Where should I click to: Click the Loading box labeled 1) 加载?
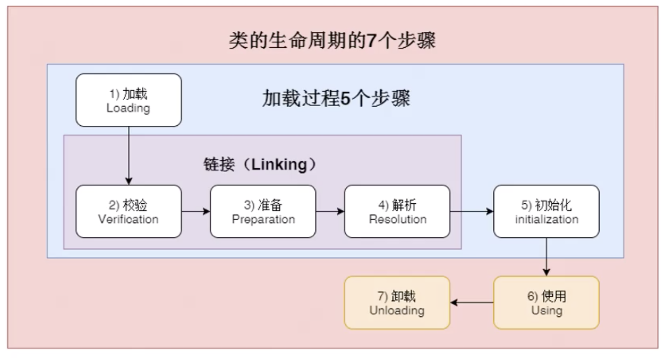click(128, 100)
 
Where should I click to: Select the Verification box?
click(128, 211)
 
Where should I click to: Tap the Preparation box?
click(263, 211)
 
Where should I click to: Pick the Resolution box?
click(397, 211)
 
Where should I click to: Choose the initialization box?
click(546, 211)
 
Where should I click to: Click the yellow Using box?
click(546, 303)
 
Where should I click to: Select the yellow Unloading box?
click(397, 303)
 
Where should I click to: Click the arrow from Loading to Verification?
click(128, 155)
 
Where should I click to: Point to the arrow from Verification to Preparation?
click(196, 211)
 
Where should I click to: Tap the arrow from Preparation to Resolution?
click(330, 211)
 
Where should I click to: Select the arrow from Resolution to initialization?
click(471, 211)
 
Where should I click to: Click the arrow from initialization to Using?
click(546, 257)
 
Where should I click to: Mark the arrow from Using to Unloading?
click(472, 303)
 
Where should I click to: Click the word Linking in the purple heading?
click(279, 164)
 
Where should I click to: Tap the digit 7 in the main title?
click(371, 40)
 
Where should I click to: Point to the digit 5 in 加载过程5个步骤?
click(345, 99)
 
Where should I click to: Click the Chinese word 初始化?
click(553, 205)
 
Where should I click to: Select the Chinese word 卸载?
click(403, 296)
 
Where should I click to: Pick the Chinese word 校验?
click(135, 205)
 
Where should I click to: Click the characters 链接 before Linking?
click(219, 164)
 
